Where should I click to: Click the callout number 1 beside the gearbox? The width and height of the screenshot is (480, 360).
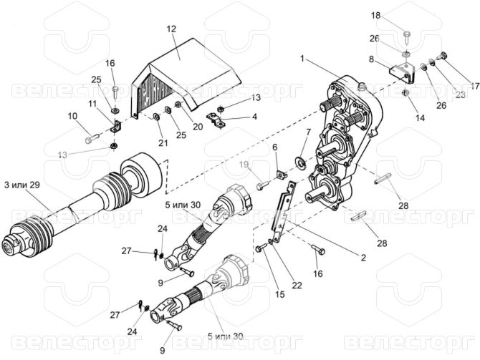coord(303,57)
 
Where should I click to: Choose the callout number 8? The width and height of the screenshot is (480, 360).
coord(371,59)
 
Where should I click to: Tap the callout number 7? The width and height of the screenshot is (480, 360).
coord(308,132)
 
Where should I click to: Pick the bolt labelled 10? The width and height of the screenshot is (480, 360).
coord(91,138)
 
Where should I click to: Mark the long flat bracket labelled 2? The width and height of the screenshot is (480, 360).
coord(287,208)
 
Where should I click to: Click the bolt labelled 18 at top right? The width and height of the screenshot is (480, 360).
coord(406,34)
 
